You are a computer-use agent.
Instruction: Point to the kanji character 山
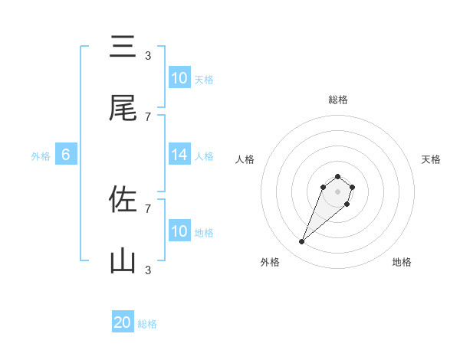(x=123, y=262)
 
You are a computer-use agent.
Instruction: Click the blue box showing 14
(x=179, y=155)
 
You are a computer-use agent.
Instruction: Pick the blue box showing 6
(x=66, y=155)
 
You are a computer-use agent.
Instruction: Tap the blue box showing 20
(x=123, y=322)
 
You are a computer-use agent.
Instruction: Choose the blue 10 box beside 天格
(x=179, y=77)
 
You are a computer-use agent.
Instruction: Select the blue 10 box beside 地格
(x=179, y=231)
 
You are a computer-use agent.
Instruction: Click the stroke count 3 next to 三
(x=147, y=55)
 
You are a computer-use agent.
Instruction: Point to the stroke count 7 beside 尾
(x=147, y=116)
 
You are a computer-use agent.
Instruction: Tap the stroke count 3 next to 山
(x=147, y=270)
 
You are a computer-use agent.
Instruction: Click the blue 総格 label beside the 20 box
(x=147, y=324)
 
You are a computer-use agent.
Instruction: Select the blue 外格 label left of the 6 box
(x=41, y=155)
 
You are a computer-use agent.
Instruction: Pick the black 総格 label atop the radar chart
(x=337, y=100)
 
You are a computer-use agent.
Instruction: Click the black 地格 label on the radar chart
(x=402, y=262)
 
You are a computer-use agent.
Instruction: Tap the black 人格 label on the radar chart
(x=245, y=159)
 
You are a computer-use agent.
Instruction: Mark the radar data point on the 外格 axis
(x=302, y=242)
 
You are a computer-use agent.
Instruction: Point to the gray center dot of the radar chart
(x=337, y=191)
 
